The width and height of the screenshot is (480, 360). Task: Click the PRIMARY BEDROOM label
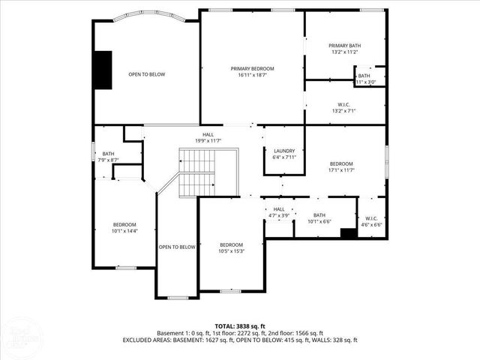[x=251, y=68]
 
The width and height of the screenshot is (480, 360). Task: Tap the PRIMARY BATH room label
[x=345, y=46]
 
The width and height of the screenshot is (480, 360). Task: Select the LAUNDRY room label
[x=284, y=150]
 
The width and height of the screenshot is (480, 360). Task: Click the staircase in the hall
[x=196, y=171]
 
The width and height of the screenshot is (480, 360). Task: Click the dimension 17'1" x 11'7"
[x=340, y=170]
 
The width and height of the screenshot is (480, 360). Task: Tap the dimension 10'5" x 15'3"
[x=231, y=252]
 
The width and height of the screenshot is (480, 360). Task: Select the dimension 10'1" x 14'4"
[x=124, y=231]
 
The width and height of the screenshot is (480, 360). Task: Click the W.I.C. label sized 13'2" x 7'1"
[x=345, y=111]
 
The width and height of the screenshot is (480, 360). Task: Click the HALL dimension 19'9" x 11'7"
[x=208, y=140]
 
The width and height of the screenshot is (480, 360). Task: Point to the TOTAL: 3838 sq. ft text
[x=239, y=325]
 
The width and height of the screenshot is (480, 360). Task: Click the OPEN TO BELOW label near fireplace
[x=146, y=74]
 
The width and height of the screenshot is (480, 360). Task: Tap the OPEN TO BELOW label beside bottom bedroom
[x=177, y=247]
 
